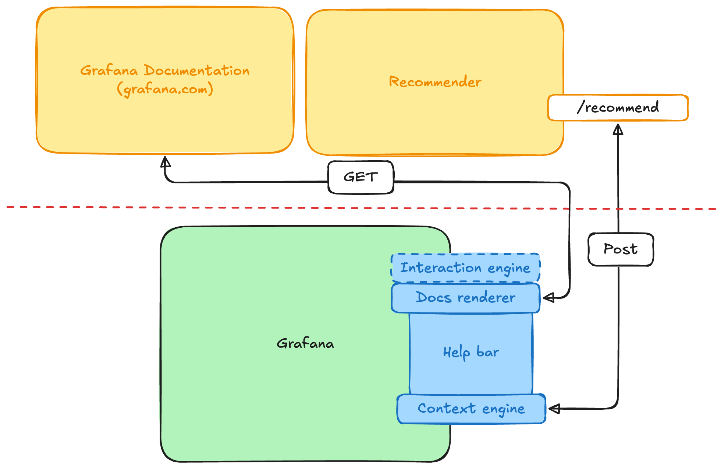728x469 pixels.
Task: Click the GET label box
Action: pos(361,177)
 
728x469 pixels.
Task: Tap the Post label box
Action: pos(621,249)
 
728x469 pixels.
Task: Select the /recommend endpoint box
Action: pos(618,108)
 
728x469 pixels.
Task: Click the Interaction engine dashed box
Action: pos(465,268)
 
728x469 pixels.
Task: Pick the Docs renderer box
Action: pos(465,298)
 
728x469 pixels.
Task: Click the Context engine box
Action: pos(471,409)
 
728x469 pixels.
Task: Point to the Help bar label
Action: pos(471,353)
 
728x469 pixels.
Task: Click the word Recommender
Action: pos(435,82)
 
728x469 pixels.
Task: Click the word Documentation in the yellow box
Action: pos(196,70)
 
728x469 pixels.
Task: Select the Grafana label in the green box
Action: pos(305,344)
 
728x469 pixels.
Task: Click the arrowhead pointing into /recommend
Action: pos(618,129)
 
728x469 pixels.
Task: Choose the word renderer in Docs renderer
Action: pos(486,298)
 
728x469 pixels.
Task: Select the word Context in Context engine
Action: pos(447,409)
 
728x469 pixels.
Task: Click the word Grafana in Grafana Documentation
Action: pos(109,70)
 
